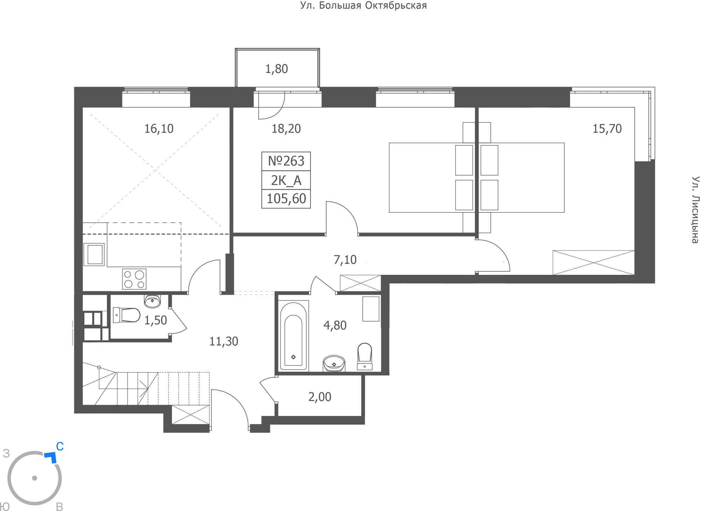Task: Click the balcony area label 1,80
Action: tap(277, 69)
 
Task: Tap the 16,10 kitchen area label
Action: tap(159, 129)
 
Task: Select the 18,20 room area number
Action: tap(286, 129)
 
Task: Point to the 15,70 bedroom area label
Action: tap(607, 129)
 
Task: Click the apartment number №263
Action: tap(286, 161)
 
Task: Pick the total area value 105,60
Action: tap(286, 199)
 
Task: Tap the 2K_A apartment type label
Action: tap(286, 180)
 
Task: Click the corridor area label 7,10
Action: tap(345, 260)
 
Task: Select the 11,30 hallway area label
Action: tap(224, 341)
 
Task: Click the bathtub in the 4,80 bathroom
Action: tap(294, 335)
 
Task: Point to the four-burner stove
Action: tap(134, 279)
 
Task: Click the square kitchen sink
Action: tap(94, 254)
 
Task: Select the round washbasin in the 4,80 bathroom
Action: tap(334, 363)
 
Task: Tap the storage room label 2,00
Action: tap(320, 397)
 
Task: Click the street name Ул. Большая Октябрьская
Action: tap(363, 6)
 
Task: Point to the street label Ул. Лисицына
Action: tap(695, 210)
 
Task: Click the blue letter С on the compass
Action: tap(60, 447)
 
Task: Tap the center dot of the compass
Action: tap(34, 478)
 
